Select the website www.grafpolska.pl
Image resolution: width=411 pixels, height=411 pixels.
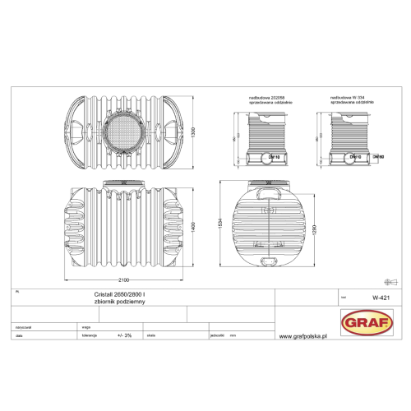tap(304, 335)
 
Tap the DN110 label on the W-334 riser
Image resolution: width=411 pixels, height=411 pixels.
tap(355, 155)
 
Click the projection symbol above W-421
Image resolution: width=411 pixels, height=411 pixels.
tap(382, 278)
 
